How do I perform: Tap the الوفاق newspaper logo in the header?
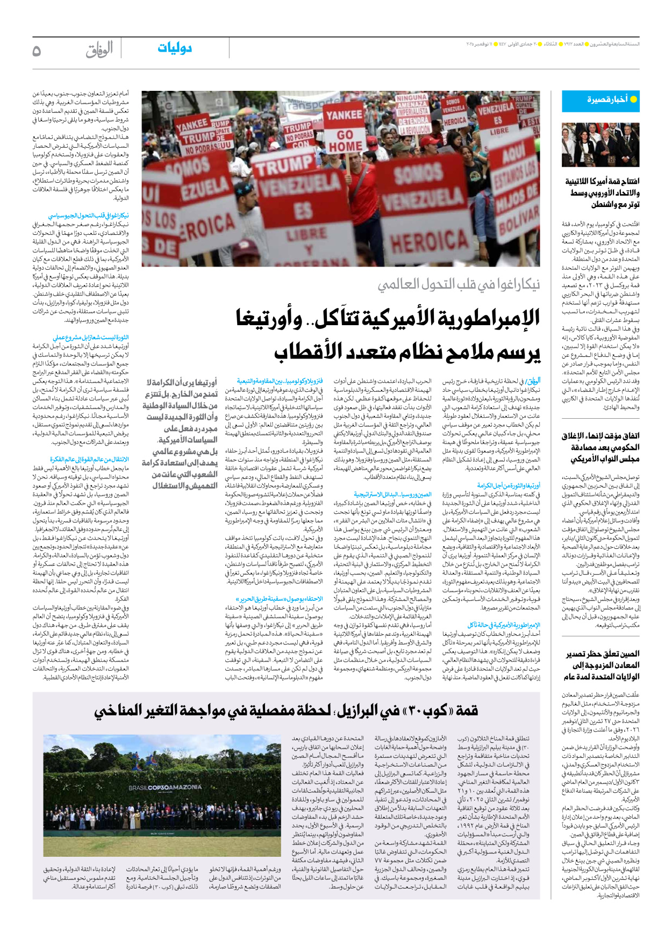click(99, 49)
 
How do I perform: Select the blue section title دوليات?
click(174, 48)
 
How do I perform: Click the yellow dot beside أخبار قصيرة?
click(633, 99)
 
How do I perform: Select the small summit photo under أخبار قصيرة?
click(600, 145)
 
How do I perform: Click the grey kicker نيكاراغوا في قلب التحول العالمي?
click(459, 284)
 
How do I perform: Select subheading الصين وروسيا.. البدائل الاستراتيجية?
click(392, 494)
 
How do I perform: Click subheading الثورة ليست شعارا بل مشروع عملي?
click(90, 338)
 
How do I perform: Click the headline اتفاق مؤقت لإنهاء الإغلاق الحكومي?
click(600, 447)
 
